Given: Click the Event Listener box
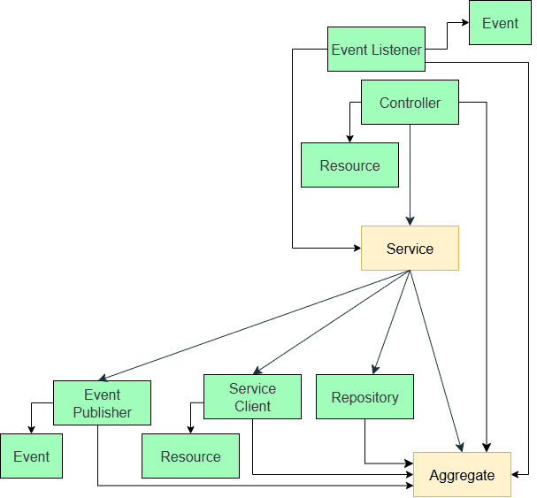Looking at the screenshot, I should pos(376,50).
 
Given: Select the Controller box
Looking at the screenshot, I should pos(410,103).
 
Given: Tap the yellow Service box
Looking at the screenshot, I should pos(410,249).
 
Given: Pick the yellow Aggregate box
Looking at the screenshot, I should pos(462,475).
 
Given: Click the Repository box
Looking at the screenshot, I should pos(364,397).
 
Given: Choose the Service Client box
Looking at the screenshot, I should pos(252,397).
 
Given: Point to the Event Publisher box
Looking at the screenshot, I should pos(102,403).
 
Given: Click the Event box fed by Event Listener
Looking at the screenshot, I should pos(500,23).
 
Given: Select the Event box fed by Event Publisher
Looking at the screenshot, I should pos(31,456).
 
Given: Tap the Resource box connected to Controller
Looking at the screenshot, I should pos(349,165).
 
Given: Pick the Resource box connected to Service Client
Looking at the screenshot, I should pos(190,456).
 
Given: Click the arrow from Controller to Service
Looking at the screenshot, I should pos(410,177).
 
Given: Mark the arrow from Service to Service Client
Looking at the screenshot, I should pos(332,322).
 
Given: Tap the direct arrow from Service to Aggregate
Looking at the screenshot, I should pos(435,358).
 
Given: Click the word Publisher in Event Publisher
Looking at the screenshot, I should pos(102,412).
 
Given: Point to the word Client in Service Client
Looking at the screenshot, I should pos(252,406).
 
